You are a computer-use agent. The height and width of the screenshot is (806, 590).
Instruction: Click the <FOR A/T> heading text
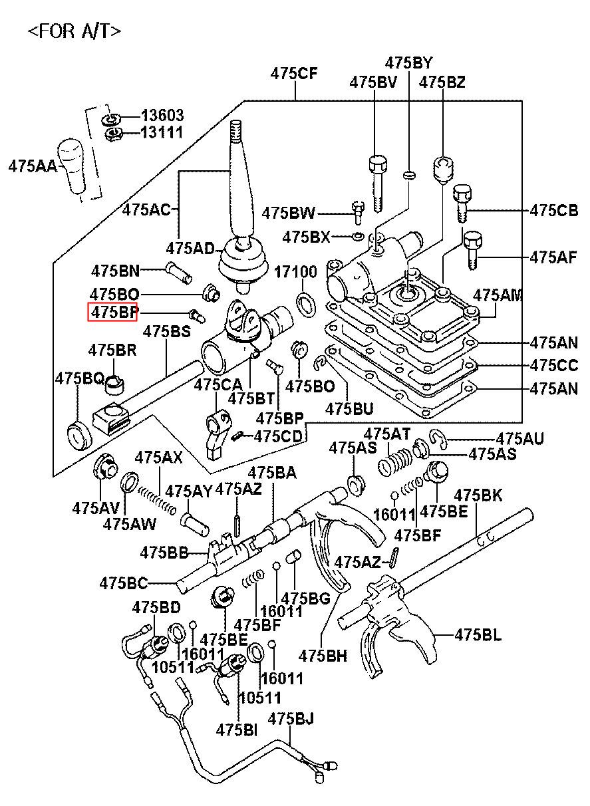pyautogui.click(x=74, y=31)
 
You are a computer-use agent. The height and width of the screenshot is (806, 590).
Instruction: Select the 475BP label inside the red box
pyautogui.click(x=113, y=312)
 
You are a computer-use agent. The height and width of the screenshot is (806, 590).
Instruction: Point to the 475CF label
pyautogui.click(x=294, y=74)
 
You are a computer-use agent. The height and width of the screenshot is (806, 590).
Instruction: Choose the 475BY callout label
pyautogui.click(x=408, y=63)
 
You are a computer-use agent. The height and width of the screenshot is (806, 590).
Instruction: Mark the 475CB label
pyautogui.click(x=554, y=211)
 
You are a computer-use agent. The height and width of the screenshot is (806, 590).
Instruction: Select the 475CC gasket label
pyautogui.click(x=554, y=365)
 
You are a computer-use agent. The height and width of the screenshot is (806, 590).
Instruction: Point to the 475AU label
pyautogui.click(x=519, y=438)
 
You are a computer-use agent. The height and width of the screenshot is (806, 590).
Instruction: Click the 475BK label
pyautogui.click(x=478, y=495)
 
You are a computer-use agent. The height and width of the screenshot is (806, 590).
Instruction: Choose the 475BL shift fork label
pyautogui.click(x=478, y=634)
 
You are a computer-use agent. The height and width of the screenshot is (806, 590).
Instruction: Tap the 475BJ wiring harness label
pyautogui.click(x=291, y=719)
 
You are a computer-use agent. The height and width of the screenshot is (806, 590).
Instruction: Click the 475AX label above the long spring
pyautogui.click(x=158, y=458)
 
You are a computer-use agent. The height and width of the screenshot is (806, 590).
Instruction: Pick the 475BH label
pyautogui.click(x=323, y=655)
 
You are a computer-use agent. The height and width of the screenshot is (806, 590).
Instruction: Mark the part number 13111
pyautogui.click(x=162, y=132)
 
